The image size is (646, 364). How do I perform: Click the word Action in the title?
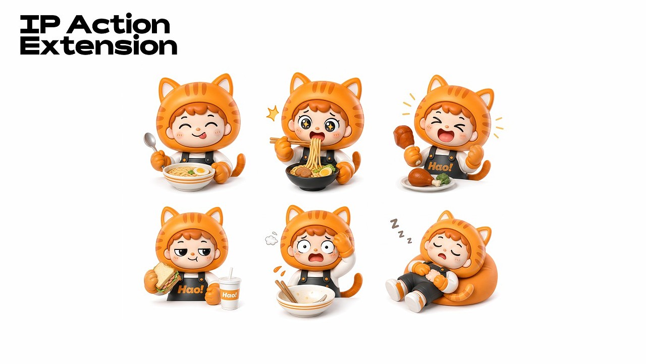click(118, 24)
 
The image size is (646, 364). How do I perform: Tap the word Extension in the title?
click(98, 45)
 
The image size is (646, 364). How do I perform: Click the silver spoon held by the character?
click(152, 146)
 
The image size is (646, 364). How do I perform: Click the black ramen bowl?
click(312, 177)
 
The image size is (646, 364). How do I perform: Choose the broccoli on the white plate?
click(442, 179)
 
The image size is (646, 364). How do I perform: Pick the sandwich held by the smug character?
click(165, 277)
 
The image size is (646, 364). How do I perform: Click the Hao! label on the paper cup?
click(229, 295)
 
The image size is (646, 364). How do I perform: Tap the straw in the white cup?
click(230, 273)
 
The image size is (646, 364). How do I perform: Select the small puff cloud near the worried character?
click(271, 239)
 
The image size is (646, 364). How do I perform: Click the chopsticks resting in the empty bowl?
click(286, 291)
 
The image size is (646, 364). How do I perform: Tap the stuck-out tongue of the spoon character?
click(203, 135)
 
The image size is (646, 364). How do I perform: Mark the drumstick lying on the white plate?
click(421, 178)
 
